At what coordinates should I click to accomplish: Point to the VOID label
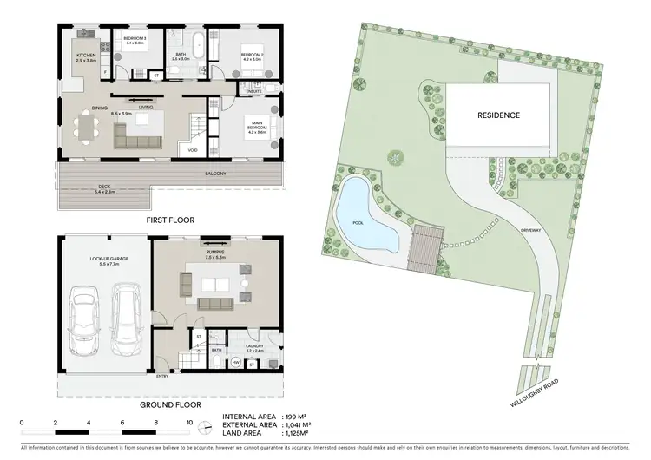tap(192, 149)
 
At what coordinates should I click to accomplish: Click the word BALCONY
tap(215, 174)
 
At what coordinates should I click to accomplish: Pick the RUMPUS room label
tap(215, 253)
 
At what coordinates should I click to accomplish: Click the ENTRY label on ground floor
tap(161, 377)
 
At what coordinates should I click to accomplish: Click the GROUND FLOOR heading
tap(170, 404)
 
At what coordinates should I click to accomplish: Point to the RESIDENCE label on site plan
tap(499, 115)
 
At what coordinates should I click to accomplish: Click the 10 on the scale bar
tap(189, 422)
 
